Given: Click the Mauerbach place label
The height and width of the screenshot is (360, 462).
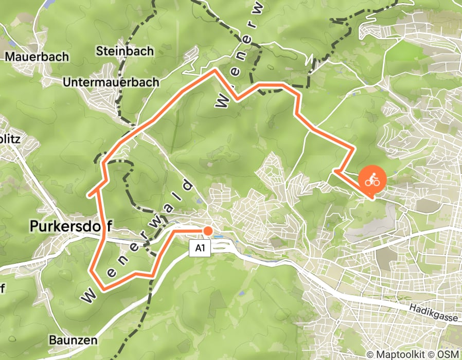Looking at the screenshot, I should pos(36,57).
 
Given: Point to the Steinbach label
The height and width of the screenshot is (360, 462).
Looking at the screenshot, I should pos(125,51).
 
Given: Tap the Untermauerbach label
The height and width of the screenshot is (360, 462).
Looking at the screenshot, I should pos(111,82).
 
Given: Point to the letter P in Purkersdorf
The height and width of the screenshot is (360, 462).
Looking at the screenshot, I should pos(34,225).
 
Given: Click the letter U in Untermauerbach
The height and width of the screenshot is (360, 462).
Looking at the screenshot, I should pos(66,82).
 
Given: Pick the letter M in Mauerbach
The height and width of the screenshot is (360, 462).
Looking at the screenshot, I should pos(9,57).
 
